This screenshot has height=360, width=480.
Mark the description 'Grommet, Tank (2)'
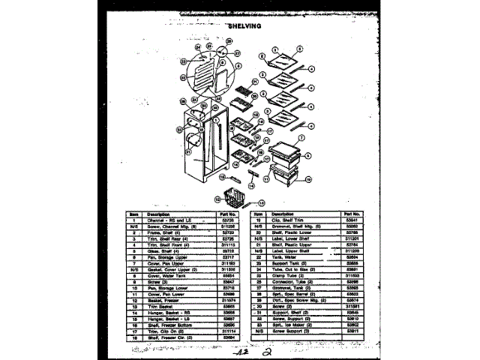287,287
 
